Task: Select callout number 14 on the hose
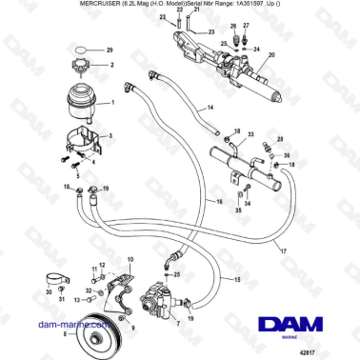(x=210, y=109)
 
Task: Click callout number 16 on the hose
(x=219, y=203)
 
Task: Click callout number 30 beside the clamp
(x=49, y=292)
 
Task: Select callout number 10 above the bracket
(x=130, y=259)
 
